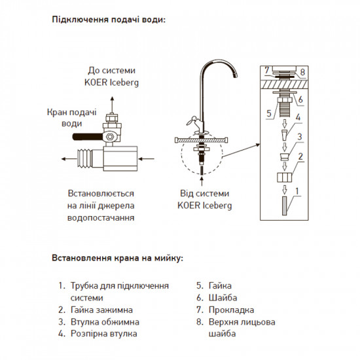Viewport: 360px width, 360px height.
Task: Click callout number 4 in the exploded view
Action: [298, 119]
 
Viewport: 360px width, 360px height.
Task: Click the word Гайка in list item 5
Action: [220, 286]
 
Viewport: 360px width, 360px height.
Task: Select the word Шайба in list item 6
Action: [222, 298]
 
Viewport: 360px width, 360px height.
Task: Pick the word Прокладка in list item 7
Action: [230, 310]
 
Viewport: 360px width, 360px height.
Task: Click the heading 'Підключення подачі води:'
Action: [109, 19]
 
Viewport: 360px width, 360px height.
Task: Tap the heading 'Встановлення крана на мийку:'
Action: [118, 257]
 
